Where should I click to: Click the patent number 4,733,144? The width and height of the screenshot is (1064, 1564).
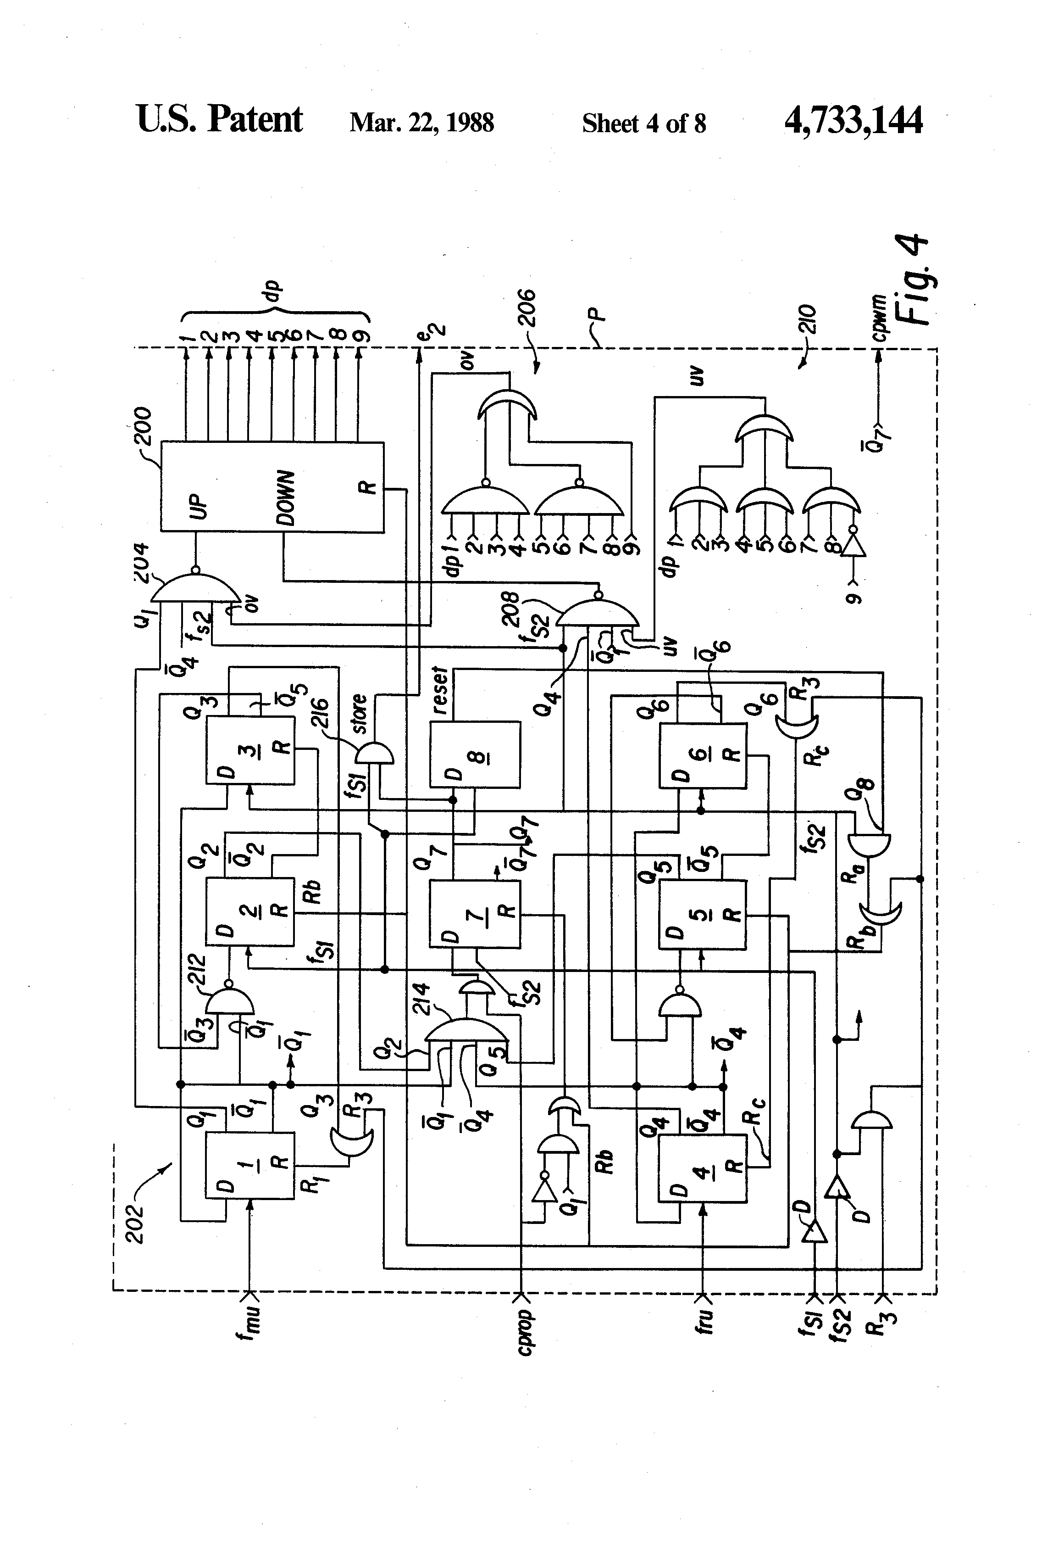click(x=853, y=121)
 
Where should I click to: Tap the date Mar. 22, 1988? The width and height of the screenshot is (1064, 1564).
click(x=421, y=123)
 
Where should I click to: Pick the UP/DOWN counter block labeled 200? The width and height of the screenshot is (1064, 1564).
click(x=272, y=486)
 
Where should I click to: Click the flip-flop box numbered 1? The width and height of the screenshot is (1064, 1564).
click(x=249, y=1165)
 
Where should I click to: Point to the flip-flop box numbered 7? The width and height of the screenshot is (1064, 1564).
click(x=475, y=914)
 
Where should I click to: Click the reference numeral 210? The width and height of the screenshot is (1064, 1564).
click(x=809, y=320)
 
